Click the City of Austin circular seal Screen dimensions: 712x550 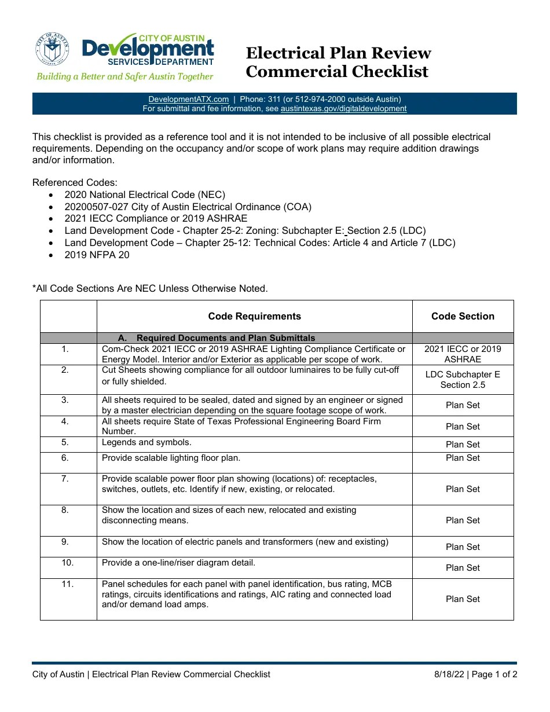point(52,49)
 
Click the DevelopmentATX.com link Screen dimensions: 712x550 point(188,99)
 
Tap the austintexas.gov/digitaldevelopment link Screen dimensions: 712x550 point(343,108)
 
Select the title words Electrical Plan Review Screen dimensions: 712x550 point(338,53)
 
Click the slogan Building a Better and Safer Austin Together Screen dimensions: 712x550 point(125,76)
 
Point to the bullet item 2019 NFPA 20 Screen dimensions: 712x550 point(97,255)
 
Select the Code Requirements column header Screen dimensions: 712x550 point(254,316)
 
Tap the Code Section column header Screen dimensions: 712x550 point(463,316)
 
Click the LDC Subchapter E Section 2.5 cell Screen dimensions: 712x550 point(463,380)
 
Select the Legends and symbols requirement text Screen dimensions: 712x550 point(146,442)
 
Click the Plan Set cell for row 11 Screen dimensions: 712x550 point(463,599)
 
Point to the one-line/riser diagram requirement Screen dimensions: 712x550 point(178,563)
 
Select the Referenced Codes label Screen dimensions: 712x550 point(75,182)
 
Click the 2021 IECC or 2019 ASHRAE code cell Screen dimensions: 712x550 point(463,354)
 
